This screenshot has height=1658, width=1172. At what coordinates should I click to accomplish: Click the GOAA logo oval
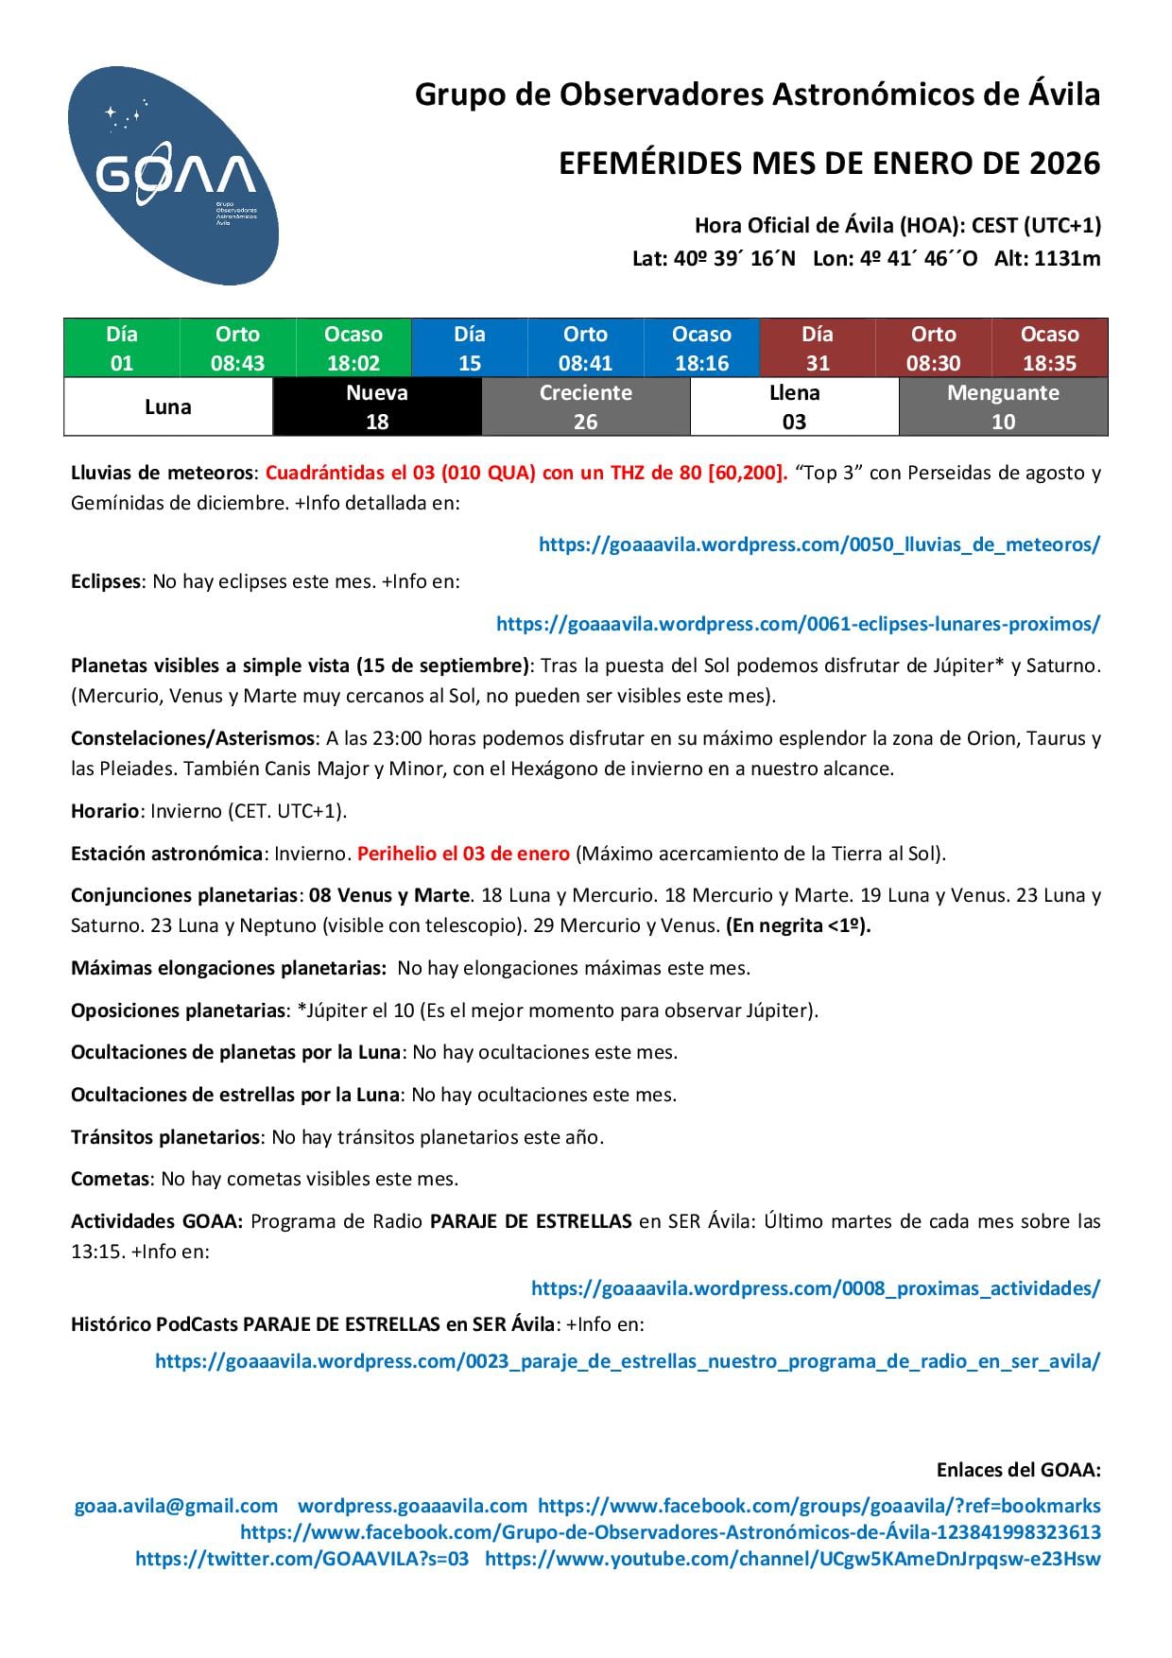173,176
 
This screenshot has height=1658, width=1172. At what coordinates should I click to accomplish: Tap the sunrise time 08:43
237,363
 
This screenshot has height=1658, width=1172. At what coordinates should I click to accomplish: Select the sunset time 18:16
701,363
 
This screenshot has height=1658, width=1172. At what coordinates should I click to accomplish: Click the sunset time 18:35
1049,363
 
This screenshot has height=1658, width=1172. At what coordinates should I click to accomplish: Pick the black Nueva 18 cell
377,407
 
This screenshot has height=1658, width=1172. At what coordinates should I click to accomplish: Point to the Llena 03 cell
794,407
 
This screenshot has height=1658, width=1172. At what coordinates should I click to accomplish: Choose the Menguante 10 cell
1003,407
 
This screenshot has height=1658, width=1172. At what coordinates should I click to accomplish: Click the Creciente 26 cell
586,407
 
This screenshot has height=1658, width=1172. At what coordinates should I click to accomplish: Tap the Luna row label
168,407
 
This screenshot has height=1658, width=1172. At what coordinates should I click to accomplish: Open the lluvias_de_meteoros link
819,544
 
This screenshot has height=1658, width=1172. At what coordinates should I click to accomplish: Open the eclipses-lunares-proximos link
798,624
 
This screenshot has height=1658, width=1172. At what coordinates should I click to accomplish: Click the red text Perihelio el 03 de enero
463,854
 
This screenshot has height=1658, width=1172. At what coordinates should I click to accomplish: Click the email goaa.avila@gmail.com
177,1506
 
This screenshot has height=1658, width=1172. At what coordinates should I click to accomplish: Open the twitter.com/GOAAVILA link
302,1559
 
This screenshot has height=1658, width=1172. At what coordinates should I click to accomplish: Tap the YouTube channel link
792,1559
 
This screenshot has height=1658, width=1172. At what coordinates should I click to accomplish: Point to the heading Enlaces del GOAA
1018,1470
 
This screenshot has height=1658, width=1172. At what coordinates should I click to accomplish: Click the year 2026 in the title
1064,164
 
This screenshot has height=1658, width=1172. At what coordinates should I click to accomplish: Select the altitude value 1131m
1067,258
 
